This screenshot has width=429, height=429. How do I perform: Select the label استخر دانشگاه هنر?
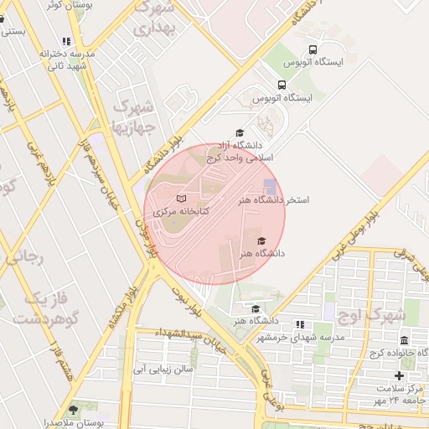tap(273, 201)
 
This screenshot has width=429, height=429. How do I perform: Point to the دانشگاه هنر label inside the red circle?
tap(262, 252)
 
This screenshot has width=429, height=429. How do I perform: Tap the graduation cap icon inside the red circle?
tap(251, 240)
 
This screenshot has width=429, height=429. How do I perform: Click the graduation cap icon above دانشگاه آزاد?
tap(240, 132)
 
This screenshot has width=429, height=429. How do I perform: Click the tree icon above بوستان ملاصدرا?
tap(73, 410)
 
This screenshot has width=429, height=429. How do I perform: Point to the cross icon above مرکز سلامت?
tap(399, 375)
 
